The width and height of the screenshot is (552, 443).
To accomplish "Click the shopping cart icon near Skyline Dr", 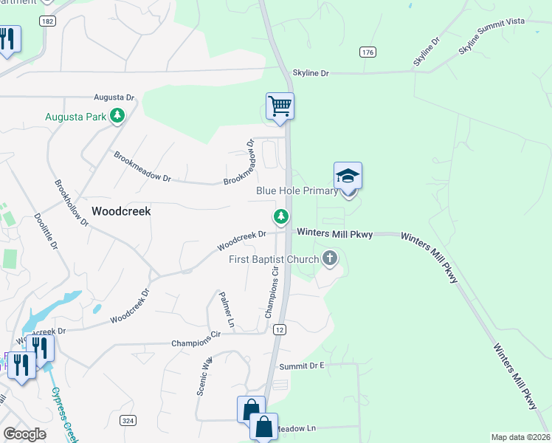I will pos(280,106).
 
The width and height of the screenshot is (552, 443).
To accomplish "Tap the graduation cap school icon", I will pos(348,176).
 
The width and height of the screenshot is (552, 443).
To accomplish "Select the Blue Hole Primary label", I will pos(297,190).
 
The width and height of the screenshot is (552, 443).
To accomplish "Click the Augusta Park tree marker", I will pos(117,116).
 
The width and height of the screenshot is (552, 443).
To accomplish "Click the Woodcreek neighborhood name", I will pos(121,211).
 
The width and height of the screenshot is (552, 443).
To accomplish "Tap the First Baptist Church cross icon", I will pos(330,258).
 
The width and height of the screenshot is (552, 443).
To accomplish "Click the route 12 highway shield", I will pos(278,329).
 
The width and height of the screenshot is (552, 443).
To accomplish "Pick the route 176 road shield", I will pos(368,52).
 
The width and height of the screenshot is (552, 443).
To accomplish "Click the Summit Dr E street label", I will pos(301,366).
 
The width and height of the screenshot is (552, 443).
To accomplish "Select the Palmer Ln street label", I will pos(227,310).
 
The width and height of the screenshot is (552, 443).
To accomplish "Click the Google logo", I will pos(24,434).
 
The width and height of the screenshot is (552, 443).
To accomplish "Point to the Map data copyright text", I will pos(521,437).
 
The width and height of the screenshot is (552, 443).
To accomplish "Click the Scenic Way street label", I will pos(204,377).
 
